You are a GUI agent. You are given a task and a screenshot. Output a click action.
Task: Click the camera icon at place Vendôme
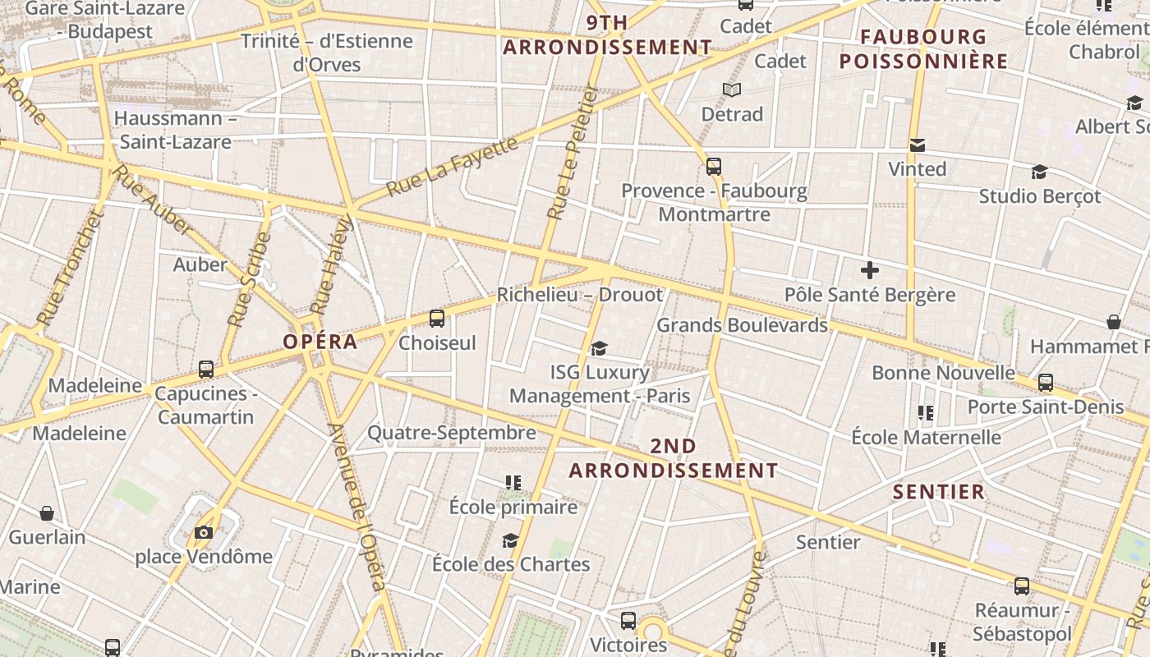tap(204, 533)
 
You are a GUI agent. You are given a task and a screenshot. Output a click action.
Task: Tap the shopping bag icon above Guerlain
tap(47, 513)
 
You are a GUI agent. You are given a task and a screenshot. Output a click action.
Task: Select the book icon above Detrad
tap(731, 90)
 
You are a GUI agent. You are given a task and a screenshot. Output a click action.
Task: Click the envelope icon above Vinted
tap(918, 145)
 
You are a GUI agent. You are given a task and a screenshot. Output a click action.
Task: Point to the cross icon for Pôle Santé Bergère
tap(870, 269)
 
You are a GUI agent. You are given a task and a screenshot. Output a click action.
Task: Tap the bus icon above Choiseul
tap(437, 319)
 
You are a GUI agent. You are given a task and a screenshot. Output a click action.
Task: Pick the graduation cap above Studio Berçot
tap(1039, 172)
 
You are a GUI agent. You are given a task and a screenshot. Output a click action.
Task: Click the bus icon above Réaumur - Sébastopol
tap(1022, 586)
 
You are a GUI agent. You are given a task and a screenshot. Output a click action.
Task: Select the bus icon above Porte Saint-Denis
tap(1046, 383)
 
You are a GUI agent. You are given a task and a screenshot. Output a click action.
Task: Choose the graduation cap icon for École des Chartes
tap(511, 540)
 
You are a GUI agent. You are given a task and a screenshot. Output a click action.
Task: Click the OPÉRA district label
tap(320, 342)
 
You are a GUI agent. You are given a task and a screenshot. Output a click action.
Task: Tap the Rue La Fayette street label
tap(452, 167)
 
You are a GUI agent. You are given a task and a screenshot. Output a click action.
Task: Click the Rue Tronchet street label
tap(70, 267)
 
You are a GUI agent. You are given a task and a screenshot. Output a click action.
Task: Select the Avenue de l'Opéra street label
tap(356, 507)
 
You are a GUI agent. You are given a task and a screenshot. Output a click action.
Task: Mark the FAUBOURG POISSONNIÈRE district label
tap(923, 49)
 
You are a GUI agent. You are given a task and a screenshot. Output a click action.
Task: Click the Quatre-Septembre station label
tap(451, 433)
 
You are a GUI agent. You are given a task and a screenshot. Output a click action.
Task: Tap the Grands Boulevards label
tap(742, 325)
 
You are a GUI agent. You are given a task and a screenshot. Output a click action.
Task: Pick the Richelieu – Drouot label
tap(579, 295)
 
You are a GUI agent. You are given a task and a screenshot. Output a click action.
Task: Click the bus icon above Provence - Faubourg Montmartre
tap(714, 167)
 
